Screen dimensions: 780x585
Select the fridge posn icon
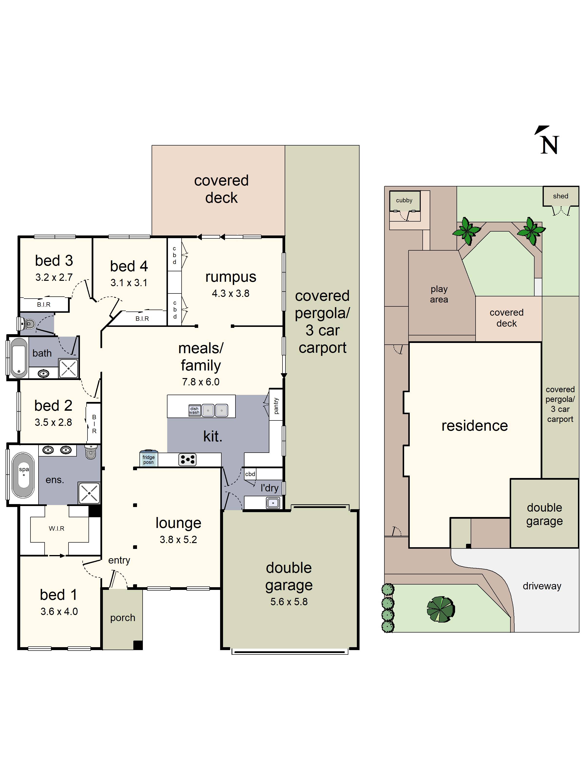click(148, 458)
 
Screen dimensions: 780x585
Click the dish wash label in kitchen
click(194, 410)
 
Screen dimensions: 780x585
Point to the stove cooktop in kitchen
click(187, 459)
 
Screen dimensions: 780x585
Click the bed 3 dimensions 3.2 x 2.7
click(54, 278)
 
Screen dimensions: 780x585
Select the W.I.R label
click(56, 528)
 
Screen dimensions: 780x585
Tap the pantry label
click(276, 406)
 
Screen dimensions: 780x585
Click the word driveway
click(542, 586)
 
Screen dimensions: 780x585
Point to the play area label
click(439, 294)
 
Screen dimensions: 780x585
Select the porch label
click(122, 618)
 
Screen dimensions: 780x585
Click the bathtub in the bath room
click(19, 357)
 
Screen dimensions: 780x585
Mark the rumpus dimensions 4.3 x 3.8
click(230, 293)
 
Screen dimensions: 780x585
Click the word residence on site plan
click(474, 426)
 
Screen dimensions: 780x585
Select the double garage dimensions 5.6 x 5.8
click(289, 602)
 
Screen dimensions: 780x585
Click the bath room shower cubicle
click(68, 368)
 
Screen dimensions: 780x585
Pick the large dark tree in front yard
click(440, 609)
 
